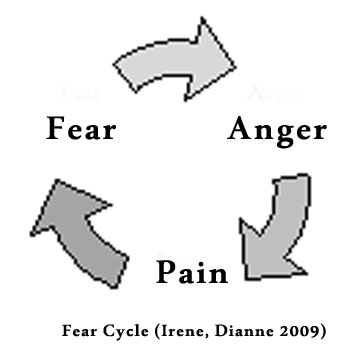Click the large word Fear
click(x=80, y=130)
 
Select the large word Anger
click(x=277, y=131)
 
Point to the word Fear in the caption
click(x=78, y=330)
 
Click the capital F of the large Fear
click(x=56, y=129)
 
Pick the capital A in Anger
click(x=240, y=129)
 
